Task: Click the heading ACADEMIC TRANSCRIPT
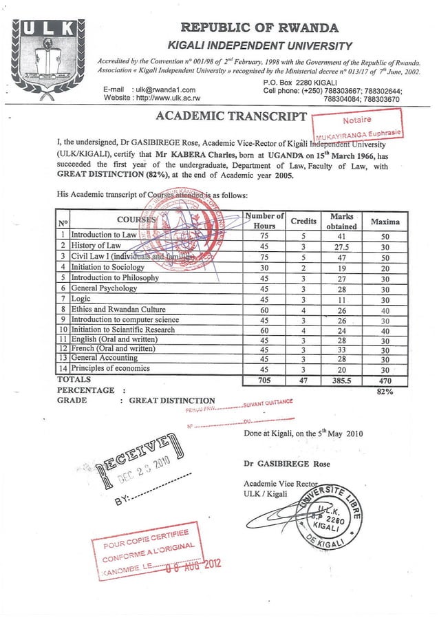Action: click(x=231, y=116)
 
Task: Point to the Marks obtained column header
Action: click(x=342, y=221)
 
